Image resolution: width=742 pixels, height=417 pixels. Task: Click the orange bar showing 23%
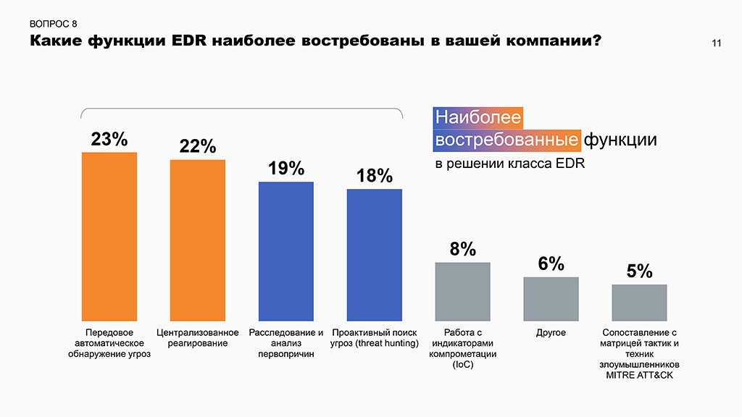coord(109,236)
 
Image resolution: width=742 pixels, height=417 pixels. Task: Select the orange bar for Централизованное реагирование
coord(198,240)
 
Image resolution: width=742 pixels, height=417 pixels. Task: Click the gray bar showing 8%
coord(463,291)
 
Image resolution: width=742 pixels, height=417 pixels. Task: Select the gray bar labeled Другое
coord(551,298)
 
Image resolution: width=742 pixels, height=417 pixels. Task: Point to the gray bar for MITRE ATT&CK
coord(640,302)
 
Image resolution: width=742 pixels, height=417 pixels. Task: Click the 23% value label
coord(109,139)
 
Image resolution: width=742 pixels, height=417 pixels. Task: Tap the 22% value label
coord(198,146)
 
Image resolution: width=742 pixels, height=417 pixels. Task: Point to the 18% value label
coord(375,176)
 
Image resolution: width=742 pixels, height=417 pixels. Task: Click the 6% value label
coord(551,264)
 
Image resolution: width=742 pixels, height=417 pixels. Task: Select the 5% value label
coord(640,271)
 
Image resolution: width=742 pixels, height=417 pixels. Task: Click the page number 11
coord(716,44)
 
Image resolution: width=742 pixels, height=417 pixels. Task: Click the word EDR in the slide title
coord(193,41)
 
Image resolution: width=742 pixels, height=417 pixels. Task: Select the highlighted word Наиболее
coord(478,117)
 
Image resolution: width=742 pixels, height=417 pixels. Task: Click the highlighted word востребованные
coord(507,139)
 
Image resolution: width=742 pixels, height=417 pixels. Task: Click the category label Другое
coord(551,332)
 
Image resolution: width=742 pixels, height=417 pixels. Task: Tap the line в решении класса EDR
coord(509,164)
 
